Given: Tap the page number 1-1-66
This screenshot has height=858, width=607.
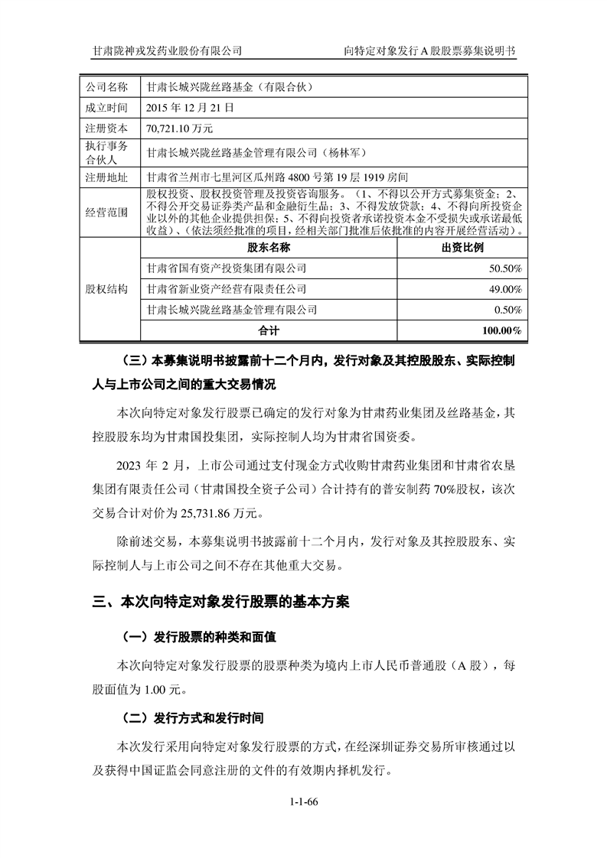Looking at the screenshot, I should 304,801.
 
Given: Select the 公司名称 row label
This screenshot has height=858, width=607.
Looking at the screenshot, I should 109,87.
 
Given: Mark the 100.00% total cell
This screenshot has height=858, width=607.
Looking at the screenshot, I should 501,330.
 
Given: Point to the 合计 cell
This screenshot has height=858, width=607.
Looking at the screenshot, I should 269,330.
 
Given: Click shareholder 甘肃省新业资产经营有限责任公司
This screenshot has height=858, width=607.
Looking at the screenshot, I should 227,289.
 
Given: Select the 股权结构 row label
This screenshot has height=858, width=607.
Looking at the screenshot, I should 109,289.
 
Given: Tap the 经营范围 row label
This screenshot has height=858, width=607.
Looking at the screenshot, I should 109,210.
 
